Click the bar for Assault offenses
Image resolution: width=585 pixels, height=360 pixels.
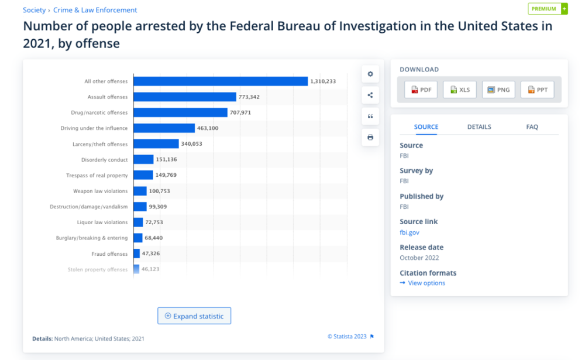185,97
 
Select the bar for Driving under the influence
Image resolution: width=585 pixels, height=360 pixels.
164,128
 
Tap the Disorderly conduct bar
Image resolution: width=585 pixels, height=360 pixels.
143,159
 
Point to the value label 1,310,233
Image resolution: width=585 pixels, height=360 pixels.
324,81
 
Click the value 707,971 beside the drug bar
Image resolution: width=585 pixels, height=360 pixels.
240,112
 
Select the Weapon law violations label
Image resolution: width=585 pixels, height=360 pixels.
100,191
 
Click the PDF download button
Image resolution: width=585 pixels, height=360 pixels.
421,90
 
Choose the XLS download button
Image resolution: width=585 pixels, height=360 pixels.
460,90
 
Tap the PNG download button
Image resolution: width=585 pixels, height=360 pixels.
498,90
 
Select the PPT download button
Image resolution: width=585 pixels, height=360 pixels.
537,90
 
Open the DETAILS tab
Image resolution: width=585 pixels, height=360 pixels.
479,127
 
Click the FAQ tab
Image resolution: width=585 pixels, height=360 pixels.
532,127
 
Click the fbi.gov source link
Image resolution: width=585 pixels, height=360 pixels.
409,232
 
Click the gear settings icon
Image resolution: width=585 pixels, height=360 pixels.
370,74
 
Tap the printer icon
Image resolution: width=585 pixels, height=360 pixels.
370,138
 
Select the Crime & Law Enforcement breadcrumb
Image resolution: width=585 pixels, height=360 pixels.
95,10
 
